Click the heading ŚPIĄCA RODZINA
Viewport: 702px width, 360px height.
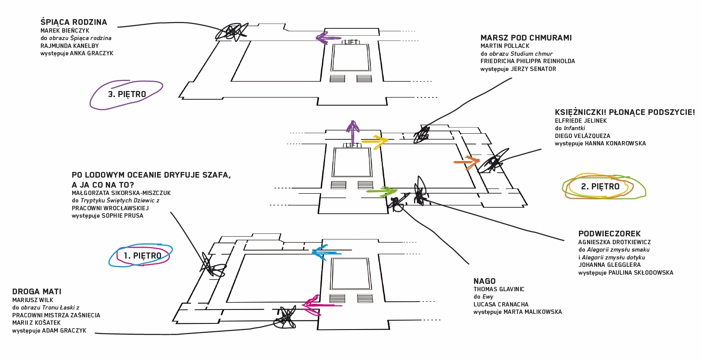coord(74,22)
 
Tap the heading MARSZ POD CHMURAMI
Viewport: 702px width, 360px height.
coord(526,38)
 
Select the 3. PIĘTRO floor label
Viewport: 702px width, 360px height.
coord(127,94)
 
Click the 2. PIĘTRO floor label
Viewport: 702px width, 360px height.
coord(600,187)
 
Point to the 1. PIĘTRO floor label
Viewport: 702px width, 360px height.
coord(142,256)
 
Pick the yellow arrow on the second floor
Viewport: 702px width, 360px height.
coord(375,141)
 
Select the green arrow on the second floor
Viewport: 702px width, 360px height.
coord(382,191)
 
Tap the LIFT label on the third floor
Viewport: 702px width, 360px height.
coord(351,42)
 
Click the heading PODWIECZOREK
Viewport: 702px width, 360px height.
coord(609,234)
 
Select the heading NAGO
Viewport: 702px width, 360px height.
coord(484,281)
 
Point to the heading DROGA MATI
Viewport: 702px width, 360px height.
coord(37,292)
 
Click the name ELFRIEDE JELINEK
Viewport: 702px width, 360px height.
coord(581,121)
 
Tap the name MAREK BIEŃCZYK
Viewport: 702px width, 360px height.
coord(65,30)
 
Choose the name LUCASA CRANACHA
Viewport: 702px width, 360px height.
coord(500,304)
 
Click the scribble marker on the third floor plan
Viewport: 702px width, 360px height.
coord(232,32)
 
